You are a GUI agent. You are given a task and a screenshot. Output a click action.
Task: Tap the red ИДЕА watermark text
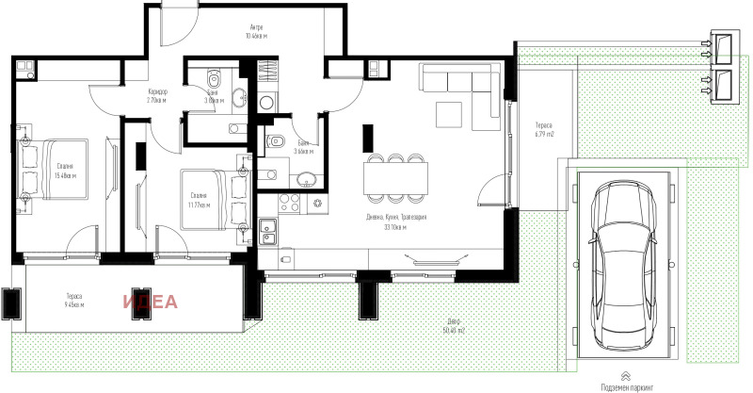tap(149, 302)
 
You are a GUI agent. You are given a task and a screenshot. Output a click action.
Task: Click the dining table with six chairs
tap(393, 176)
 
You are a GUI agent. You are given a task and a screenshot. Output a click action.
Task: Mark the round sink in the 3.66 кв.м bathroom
tap(306, 180)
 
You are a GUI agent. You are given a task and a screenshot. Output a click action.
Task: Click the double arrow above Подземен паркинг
tap(626, 375)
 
